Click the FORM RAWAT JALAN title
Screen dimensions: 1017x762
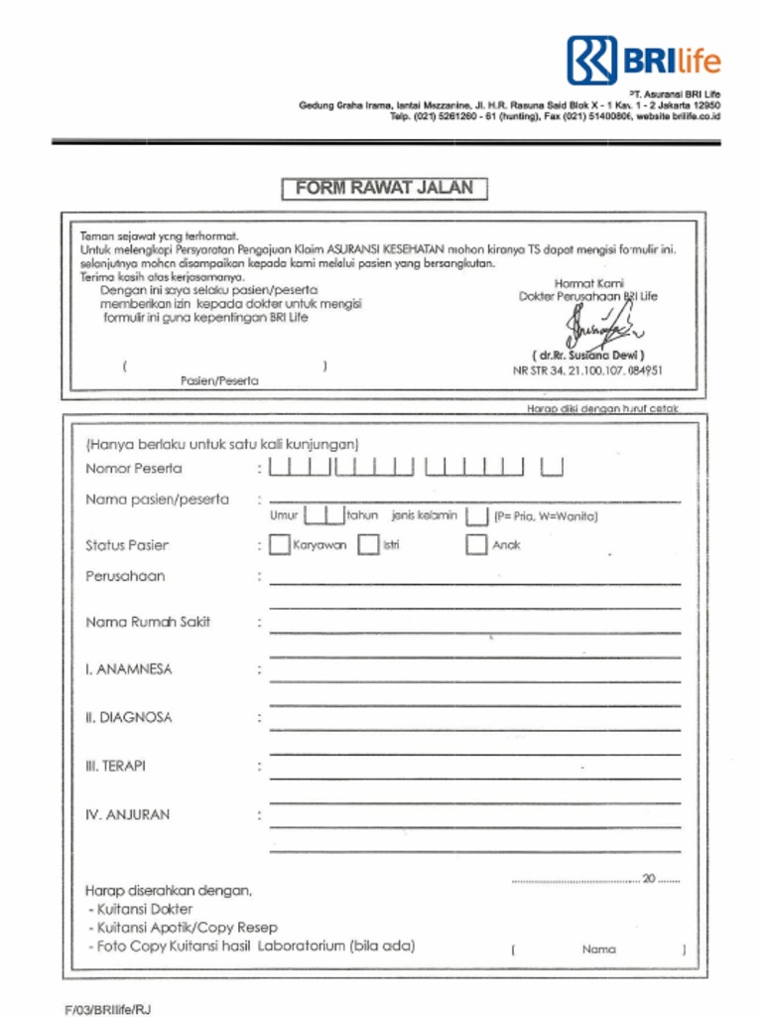[x=384, y=188]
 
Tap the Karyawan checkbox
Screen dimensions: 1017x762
[x=280, y=545]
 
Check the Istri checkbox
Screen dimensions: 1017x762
[x=368, y=545]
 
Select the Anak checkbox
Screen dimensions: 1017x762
[x=477, y=545]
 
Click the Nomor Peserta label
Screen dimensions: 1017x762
[x=134, y=468]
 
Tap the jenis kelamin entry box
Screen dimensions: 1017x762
[x=477, y=515]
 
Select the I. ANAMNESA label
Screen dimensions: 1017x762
[x=128, y=669]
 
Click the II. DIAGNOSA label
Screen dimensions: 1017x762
[x=128, y=717]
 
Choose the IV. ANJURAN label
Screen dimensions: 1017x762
[x=127, y=814]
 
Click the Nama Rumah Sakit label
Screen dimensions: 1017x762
[x=148, y=622]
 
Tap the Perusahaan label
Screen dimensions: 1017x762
[x=125, y=576]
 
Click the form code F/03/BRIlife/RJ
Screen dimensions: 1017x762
[x=108, y=1009]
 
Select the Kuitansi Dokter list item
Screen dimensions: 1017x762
[x=143, y=909]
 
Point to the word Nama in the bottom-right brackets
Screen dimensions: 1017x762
[x=598, y=949]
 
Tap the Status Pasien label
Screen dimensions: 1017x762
[x=127, y=545]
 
